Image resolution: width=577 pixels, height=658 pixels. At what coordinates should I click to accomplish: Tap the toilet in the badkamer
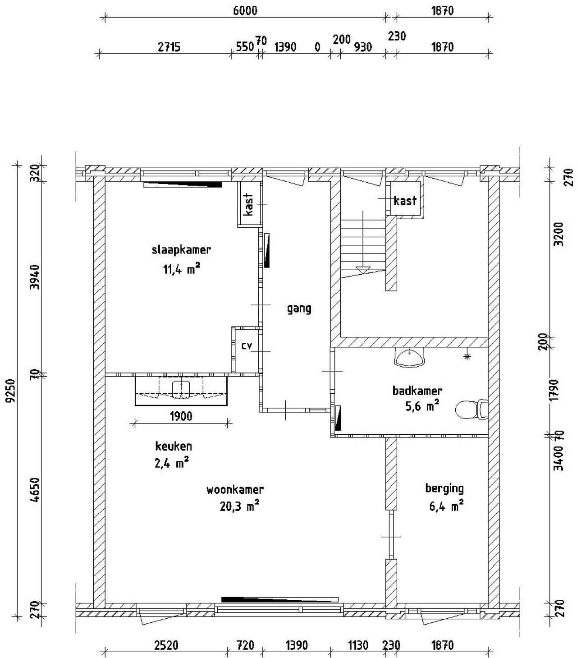pyautogui.click(x=469, y=410)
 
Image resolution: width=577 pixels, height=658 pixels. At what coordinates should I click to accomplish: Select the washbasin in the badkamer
pyautogui.click(x=409, y=357)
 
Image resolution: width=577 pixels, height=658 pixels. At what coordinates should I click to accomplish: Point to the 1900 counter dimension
pyautogui.click(x=181, y=416)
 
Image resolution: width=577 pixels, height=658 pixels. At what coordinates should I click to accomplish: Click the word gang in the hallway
pyautogui.click(x=299, y=309)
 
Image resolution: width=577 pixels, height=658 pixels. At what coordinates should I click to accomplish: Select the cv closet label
pyautogui.click(x=246, y=346)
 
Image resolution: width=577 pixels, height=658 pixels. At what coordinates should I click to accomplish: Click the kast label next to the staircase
pyautogui.click(x=405, y=201)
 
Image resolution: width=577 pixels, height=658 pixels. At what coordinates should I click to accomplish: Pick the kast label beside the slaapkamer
pyautogui.click(x=248, y=204)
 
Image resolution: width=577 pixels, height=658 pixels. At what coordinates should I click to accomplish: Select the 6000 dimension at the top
pyautogui.click(x=245, y=10)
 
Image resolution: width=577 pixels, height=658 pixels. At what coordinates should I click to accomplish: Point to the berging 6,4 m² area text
pyautogui.click(x=444, y=506)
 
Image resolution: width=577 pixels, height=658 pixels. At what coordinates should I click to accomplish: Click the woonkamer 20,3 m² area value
pyautogui.click(x=239, y=506)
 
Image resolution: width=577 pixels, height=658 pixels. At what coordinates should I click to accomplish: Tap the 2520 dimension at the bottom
pyautogui.click(x=166, y=645)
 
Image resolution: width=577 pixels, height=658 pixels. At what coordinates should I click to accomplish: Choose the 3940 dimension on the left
pyautogui.click(x=37, y=278)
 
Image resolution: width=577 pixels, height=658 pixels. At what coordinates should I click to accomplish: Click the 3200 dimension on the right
pyautogui.click(x=559, y=233)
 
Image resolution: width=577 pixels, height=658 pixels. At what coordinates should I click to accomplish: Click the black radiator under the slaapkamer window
pyautogui.click(x=183, y=184)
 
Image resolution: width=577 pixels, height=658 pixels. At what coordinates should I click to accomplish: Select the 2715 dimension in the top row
pyautogui.click(x=169, y=47)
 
